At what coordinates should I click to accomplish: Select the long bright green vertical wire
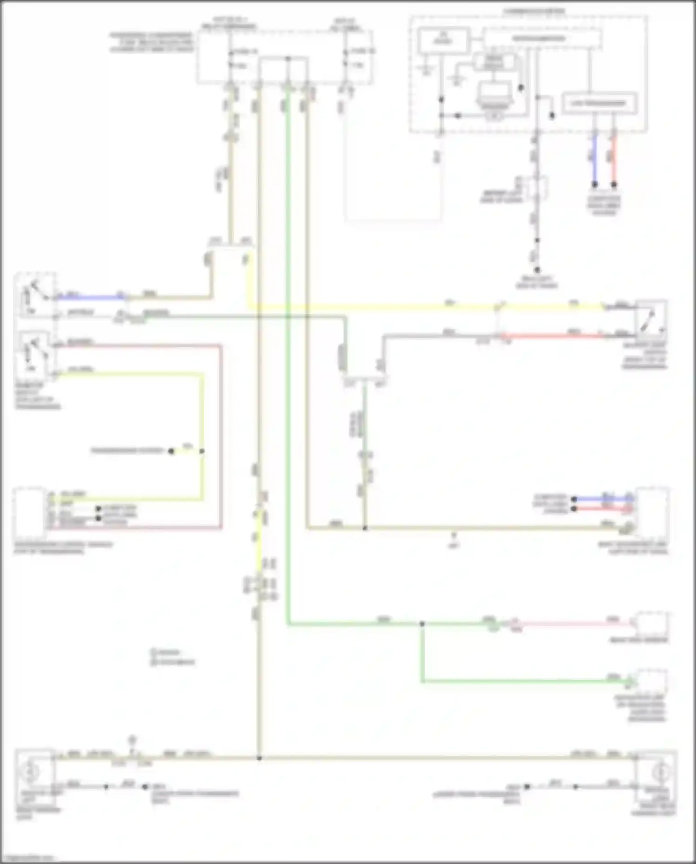288,371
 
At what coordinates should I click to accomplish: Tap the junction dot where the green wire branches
422,624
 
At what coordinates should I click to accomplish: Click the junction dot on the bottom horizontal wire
259,758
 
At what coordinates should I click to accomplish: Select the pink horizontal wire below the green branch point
571,624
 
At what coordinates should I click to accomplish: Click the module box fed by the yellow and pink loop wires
29,508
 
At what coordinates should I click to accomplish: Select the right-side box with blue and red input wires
652,508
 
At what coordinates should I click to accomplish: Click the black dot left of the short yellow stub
171,451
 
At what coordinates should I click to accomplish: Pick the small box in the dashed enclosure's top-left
443,41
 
